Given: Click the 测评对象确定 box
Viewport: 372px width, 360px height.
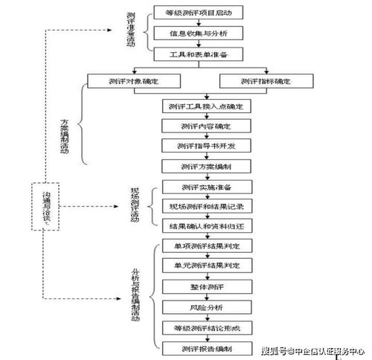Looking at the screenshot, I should (134, 80).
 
